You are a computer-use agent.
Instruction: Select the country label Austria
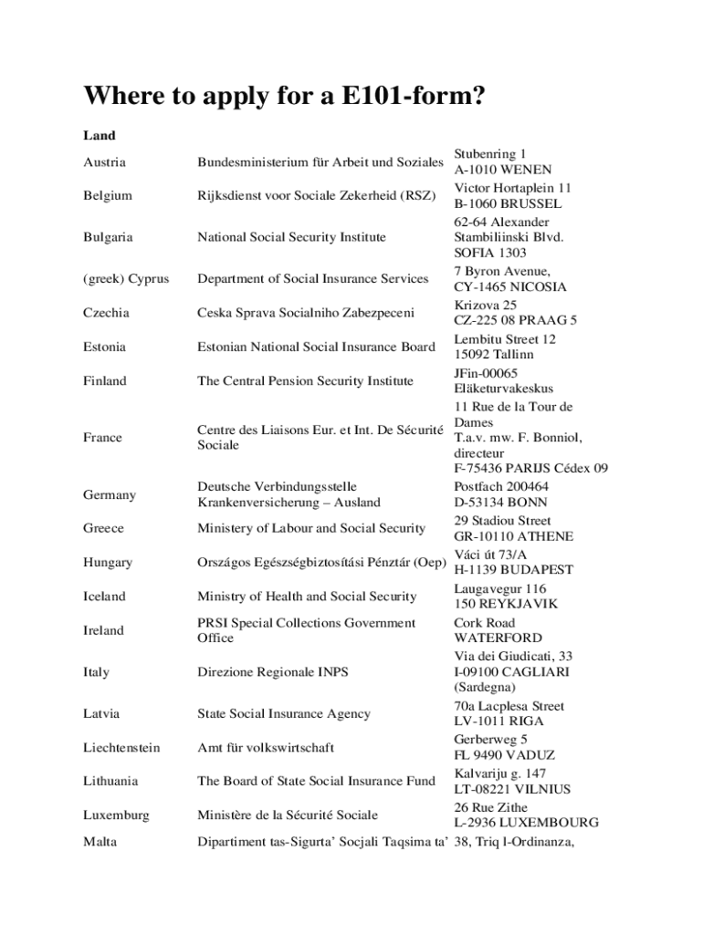tap(104, 162)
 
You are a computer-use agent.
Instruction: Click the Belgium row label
tap(107, 195)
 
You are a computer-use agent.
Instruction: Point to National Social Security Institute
tap(291, 237)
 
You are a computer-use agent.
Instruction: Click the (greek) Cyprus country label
tap(125, 279)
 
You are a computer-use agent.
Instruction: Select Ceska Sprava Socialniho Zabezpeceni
tap(306, 313)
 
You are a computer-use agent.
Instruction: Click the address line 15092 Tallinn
tap(494, 354)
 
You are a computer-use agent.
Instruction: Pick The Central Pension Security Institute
tap(305, 380)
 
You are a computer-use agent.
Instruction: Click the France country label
tap(102, 438)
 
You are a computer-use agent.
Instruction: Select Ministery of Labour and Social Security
tap(311, 528)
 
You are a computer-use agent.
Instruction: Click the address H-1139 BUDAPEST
tap(513, 570)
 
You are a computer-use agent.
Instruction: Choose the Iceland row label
tap(104, 597)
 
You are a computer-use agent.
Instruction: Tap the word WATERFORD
tap(498, 638)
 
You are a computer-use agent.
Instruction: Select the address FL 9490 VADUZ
tap(504, 755)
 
